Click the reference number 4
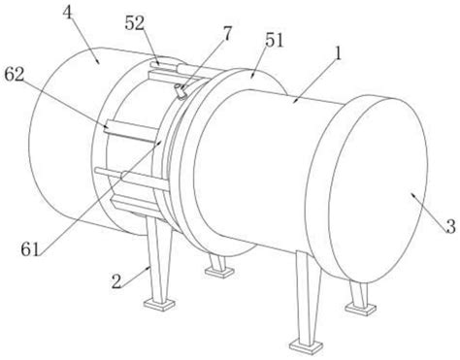[x=68, y=14]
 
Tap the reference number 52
[x=135, y=23]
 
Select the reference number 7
[x=227, y=34]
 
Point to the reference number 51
[x=274, y=41]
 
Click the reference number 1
[x=339, y=53]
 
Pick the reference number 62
[x=15, y=75]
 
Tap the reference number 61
[x=30, y=249]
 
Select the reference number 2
[x=116, y=281]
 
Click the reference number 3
[x=450, y=226]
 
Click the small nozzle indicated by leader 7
[x=180, y=91]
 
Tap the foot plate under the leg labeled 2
[x=159, y=305]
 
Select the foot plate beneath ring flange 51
[x=219, y=272]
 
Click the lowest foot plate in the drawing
[x=306, y=345]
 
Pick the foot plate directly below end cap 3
[x=360, y=309]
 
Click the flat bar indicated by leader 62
[x=132, y=131]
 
